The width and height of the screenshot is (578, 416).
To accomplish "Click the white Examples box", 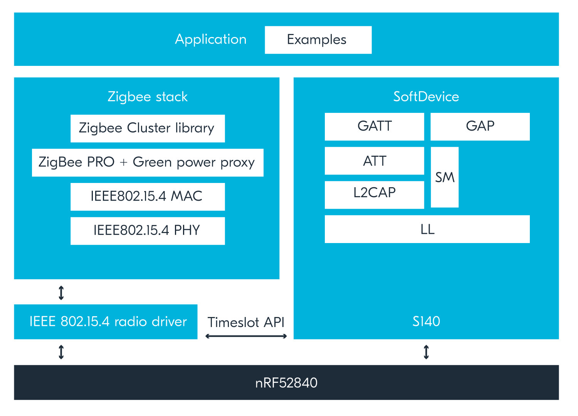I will click(318, 40).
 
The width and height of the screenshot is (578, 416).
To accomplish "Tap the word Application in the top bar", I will click(211, 39).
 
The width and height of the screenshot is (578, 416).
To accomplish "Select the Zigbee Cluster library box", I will click(148, 128).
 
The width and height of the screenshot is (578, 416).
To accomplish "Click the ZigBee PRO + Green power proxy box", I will click(148, 163).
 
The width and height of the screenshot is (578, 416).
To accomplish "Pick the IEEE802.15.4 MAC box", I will click(148, 196).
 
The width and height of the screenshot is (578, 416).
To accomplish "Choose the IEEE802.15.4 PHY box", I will click(148, 231).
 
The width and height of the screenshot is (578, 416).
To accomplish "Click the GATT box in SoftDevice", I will click(374, 126).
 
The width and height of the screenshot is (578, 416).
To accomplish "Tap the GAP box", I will click(480, 126).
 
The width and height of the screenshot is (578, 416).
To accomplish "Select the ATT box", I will click(374, 161).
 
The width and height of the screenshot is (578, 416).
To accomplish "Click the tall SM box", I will click(445, 177).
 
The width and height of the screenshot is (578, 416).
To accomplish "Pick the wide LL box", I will click(427, 229).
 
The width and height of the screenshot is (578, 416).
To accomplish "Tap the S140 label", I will click(426, 321).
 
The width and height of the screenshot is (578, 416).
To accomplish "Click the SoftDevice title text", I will click(426, 97).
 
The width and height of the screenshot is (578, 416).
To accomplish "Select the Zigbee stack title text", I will click(148, 97).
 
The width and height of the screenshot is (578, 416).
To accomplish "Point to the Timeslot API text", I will click(246, 322).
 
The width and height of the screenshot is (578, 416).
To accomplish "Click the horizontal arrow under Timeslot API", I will click(246, 336).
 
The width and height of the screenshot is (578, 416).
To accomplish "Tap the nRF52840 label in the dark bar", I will click(286, 383).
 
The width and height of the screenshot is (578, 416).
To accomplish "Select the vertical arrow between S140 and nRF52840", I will click(426, 352).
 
